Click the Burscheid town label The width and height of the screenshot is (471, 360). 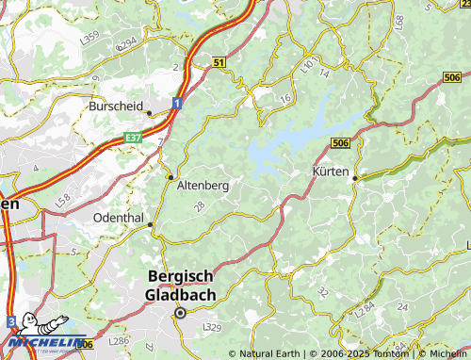[x=117, y=106]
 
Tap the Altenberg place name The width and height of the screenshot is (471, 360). [x=203, y=187]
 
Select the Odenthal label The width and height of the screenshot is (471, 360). [x=120, y=217]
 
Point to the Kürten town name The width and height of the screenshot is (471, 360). [x=331, y=172]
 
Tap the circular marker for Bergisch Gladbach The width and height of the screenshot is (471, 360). [x=181, y=313]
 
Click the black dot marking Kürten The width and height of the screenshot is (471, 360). [x=354, y=177]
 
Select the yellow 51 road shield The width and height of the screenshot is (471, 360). [x=219, y=62]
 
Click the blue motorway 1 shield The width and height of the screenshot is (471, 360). [x=176, y=102]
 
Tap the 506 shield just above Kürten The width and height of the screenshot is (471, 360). [x=342, y=142]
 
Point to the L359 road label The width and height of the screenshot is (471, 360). [x=90, y=37]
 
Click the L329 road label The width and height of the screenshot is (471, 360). [x=212, y=327]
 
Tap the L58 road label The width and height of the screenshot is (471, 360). [x=62, y=200]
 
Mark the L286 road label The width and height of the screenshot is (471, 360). [x=119, y=340]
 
